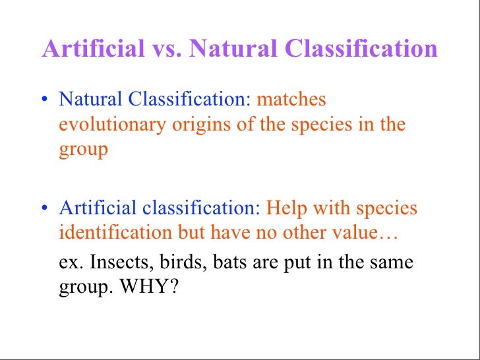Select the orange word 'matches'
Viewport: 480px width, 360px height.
pos(291,100)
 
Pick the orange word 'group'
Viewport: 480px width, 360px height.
pos(83,150)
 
